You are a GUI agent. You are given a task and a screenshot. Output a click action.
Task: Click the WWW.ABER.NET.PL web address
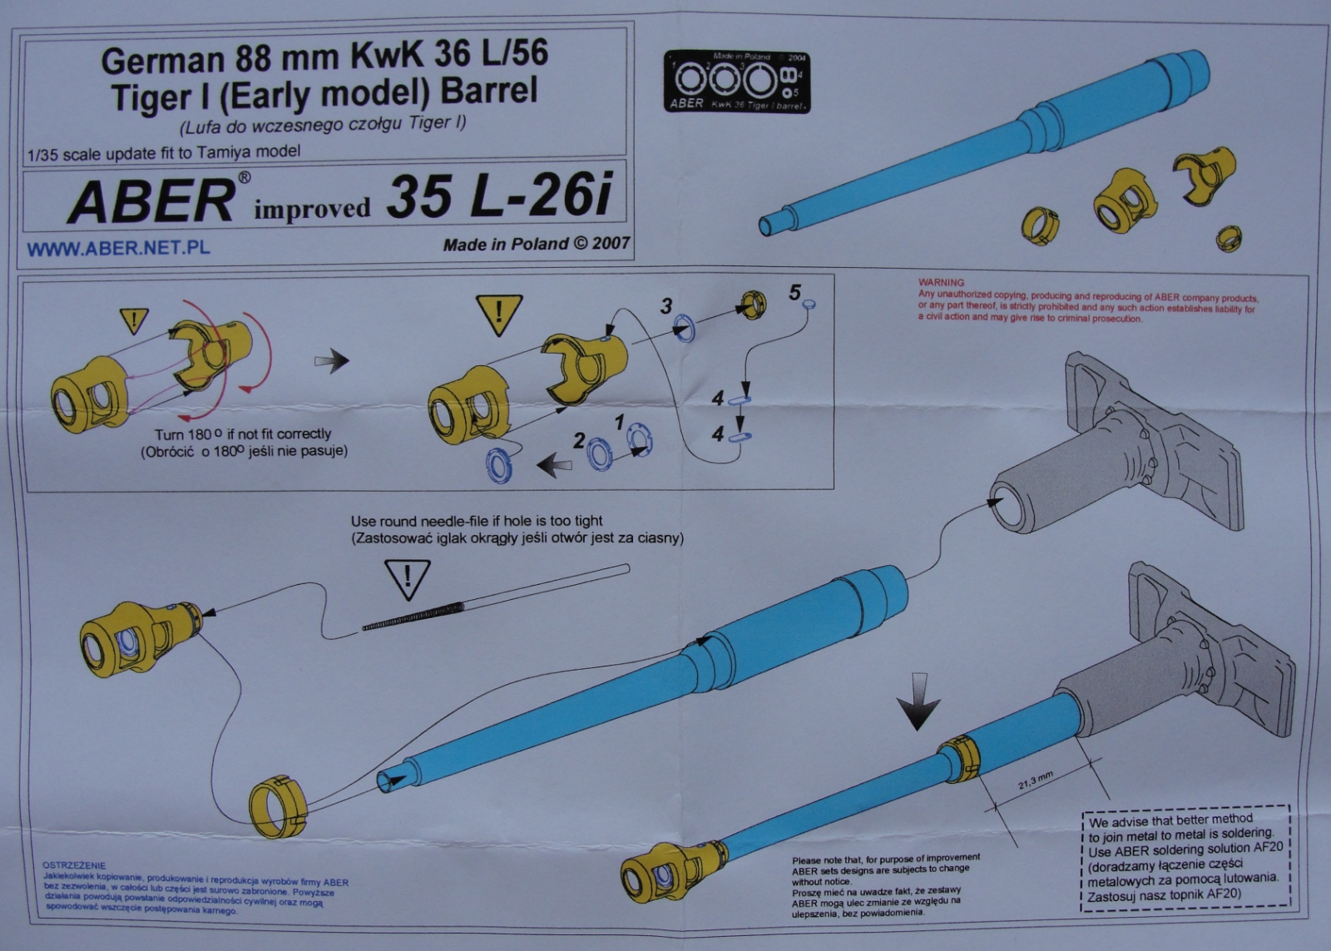coord(118,248)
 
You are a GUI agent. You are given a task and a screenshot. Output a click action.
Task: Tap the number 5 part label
coord(794,292)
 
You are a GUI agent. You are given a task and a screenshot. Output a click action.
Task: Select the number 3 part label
coord(666,306)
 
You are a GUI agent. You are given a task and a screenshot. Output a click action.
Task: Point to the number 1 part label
coord(619,423)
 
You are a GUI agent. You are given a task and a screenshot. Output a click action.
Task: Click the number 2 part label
coord(579,441)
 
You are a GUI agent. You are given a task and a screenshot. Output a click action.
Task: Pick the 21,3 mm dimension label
coord(1036,780)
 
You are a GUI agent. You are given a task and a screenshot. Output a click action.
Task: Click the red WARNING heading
coord(941,283)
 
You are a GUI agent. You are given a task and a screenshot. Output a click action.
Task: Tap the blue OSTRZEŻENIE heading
coord(74,865)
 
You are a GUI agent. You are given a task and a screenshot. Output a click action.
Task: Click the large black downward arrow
coord(918,704)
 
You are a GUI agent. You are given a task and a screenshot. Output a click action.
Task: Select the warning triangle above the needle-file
coord(407,578)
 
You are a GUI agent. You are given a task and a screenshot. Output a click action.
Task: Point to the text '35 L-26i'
coord(499,197)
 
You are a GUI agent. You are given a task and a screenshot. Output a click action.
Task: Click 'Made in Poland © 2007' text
coord(537,244)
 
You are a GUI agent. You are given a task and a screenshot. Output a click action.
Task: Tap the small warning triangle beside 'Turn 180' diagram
coord(134,319)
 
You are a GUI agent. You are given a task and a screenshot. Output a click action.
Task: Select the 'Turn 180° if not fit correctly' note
coord(243,433)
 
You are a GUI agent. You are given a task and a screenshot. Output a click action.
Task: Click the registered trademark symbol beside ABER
coord(244,177)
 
